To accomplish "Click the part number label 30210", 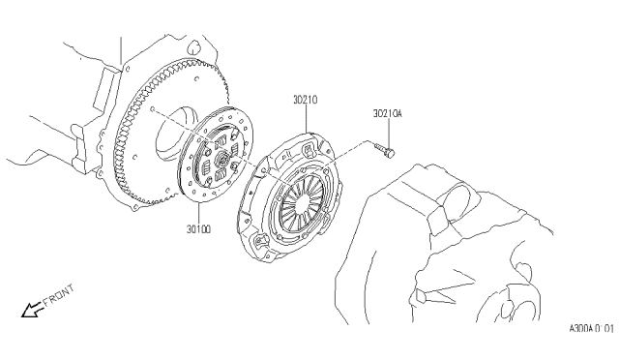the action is (x=305, y=100).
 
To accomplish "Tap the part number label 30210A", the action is (x=387, y=114).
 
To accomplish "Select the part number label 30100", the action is (x=198, y=229).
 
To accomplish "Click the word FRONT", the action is (x=59, y=295).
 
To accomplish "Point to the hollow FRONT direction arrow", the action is (x=32, y=310).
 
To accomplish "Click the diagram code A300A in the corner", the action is (x=581, y=328).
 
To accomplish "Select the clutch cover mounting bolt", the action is (x=384, y=150).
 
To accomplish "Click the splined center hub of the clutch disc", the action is (x=222, y=160).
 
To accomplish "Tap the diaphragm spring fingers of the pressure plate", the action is (x=301, y=204).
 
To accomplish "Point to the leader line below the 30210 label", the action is (x=307, y=119).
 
